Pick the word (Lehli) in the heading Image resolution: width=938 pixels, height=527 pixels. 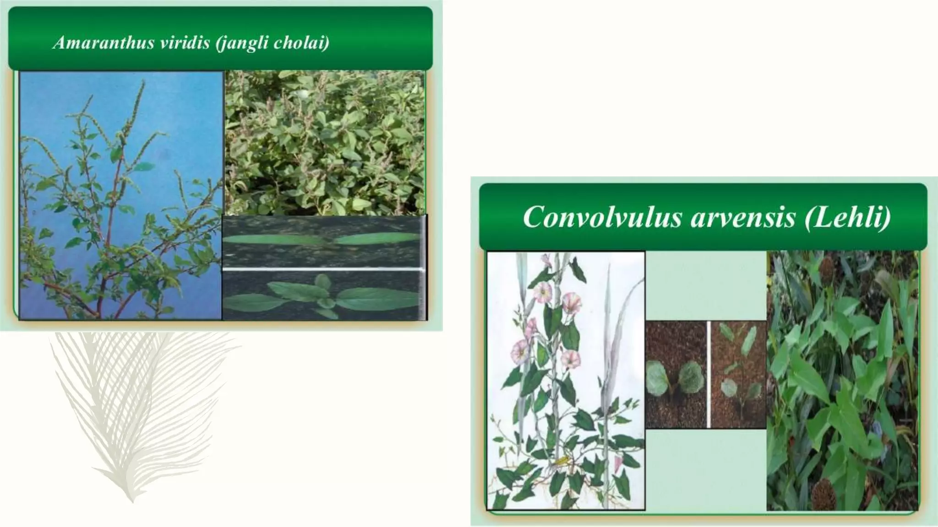(x=848, y=217)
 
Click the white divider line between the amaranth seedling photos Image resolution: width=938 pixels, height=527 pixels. (x=321, y=269)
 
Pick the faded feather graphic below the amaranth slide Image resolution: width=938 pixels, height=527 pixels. (x=137, y=412)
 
